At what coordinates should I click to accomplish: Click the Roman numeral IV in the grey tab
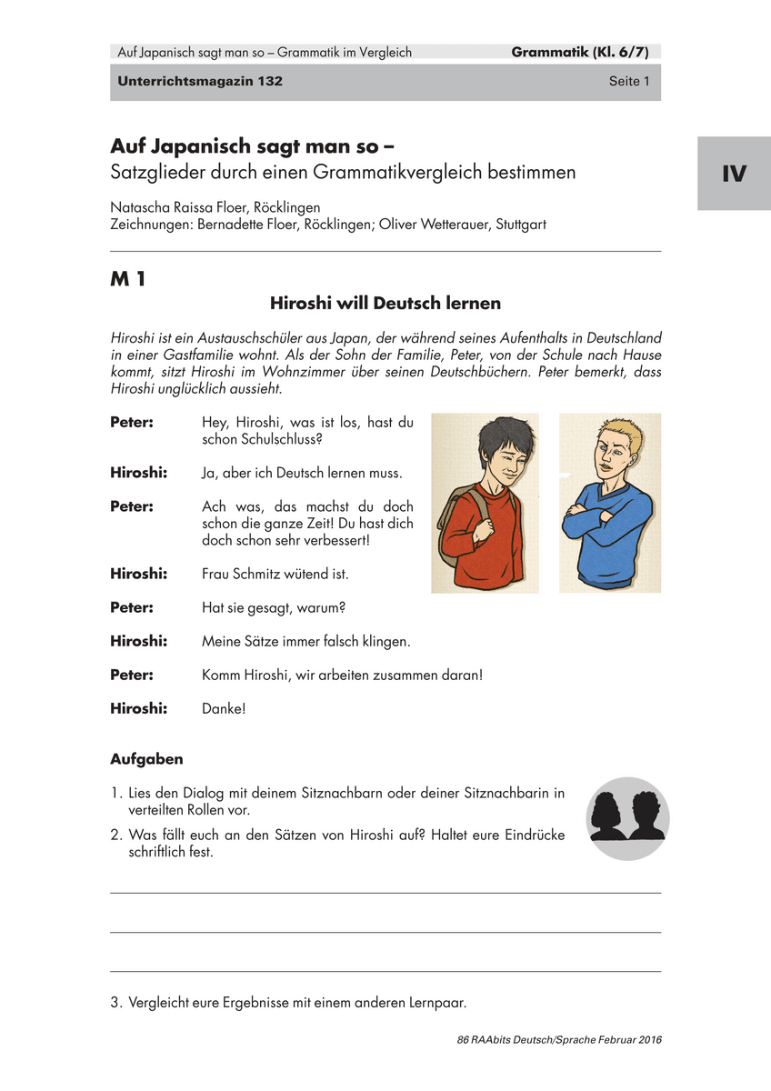[x=734, y=174]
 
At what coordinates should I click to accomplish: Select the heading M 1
[x=128, y=280]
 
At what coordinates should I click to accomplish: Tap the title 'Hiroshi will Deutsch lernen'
[x=385, y=303]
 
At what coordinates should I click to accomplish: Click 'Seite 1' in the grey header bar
[x=629, y=81]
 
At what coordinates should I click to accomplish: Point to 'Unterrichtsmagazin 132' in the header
[x=200, y=81]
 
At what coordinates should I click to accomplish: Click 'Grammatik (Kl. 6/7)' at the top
[x=586, y=52]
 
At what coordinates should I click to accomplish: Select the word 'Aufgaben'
[x=146, y=758]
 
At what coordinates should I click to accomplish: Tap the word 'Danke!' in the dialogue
[x=224, y=707]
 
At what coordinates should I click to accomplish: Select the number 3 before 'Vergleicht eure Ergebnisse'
[x=115, y=1004]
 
